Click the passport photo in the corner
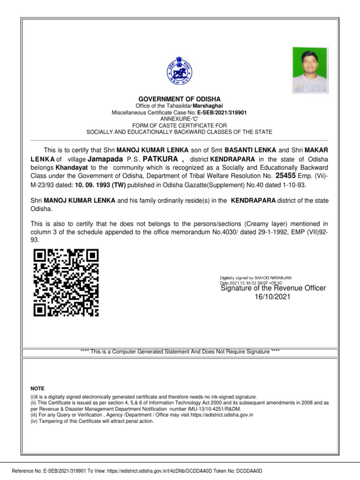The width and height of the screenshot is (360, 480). point(310,70)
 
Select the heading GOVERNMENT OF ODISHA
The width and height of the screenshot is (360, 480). point(180,99)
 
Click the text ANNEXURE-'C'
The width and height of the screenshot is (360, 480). point(180,119)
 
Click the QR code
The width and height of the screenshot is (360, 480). point(67,283)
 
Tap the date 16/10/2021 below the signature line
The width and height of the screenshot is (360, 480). point(272,297)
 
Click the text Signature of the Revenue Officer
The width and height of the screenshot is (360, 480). point(273,288)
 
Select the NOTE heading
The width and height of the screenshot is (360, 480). point(37,389)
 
